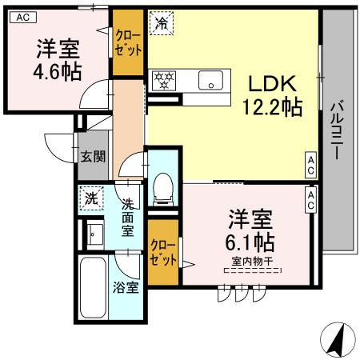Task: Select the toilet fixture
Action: tap(164, 185)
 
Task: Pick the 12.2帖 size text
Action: tap(272, 105)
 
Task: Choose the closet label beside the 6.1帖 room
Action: tap(164, 254)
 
